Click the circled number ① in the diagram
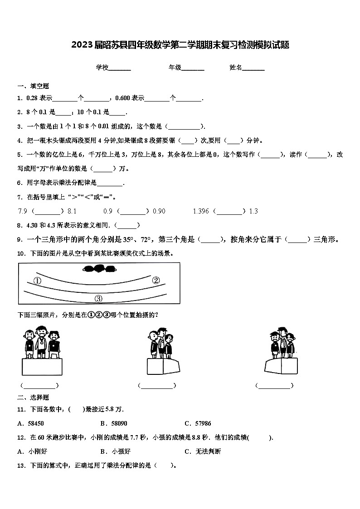[37, 281]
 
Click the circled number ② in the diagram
[156, 280]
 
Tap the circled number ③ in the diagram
[98, 298]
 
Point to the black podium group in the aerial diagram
[99, 269]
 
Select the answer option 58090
[119, 423]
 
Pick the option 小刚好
[37, 451]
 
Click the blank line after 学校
[120, 68]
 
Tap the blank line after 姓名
[253, 68]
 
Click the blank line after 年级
[193, 68]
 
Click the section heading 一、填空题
[33, 86]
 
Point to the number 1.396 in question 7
[201, 211]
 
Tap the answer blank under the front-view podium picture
[40, 386]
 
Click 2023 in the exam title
[81, 45]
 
